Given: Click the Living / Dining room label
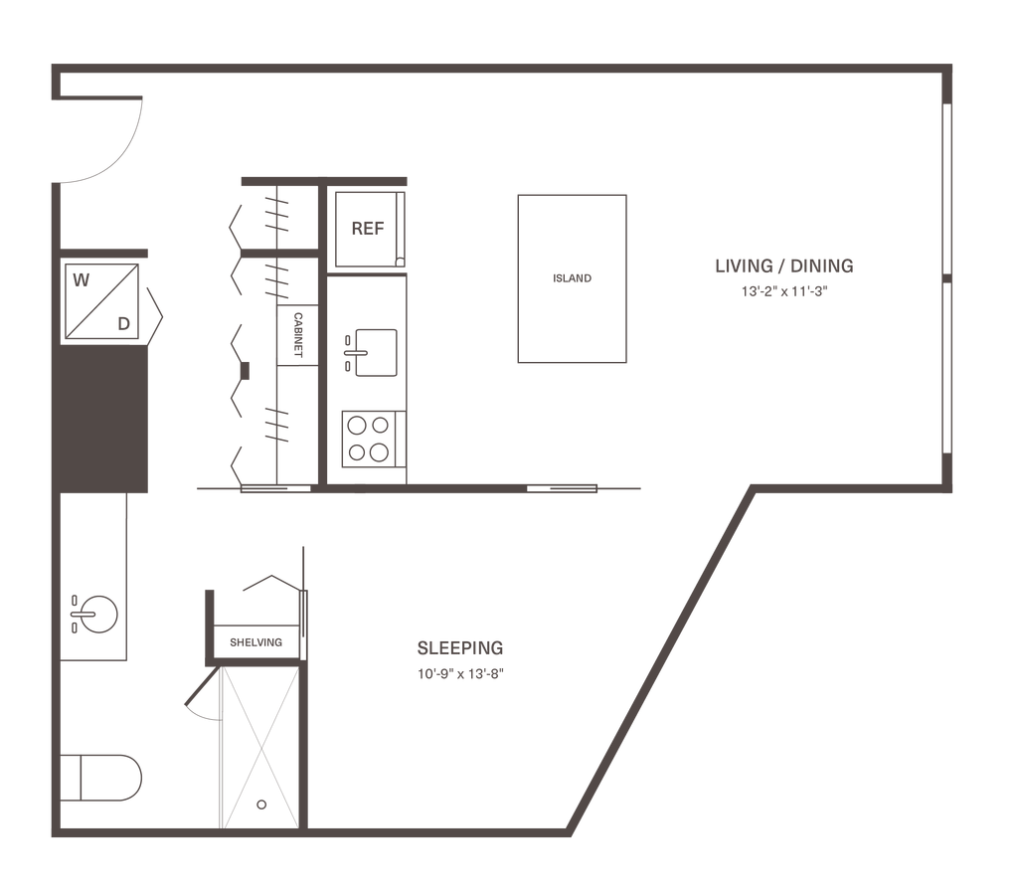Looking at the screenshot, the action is [x=784, y=267].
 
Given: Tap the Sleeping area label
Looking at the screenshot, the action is [x=460, y=648].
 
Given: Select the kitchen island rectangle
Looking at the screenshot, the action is [x=572, y=278].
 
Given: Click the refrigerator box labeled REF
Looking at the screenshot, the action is [x=367, y=229].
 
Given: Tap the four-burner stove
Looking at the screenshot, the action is [x=368, y=438].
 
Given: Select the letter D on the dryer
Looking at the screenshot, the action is [x=123, y=321].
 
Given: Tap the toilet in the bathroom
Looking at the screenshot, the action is [x=103, y=777].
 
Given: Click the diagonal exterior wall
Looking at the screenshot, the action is [x=656, y=656].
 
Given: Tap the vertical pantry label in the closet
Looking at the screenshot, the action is [x=297, y=334].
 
